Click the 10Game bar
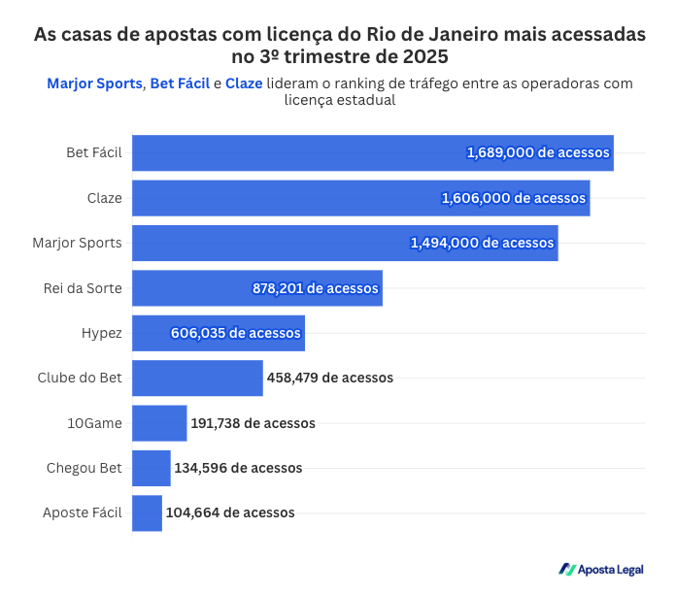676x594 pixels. (x=159, y=423)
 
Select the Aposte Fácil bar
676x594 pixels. (x=147, y=512)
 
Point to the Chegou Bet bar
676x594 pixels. (x=152, y=468)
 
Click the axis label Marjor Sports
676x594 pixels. (x=77, y=243)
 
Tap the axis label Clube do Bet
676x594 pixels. (x=80, y=378)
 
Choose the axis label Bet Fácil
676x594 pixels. (x=94, y=153)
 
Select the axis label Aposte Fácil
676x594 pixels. (x=83, y=512)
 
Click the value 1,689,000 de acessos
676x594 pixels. (x=537, y=152)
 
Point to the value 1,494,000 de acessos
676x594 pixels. (x=482, y=243)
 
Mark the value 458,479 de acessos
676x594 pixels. (x=330, y=378)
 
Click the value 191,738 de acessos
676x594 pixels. (x=253, y=423)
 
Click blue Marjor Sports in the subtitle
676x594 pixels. (x=95, y=83)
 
